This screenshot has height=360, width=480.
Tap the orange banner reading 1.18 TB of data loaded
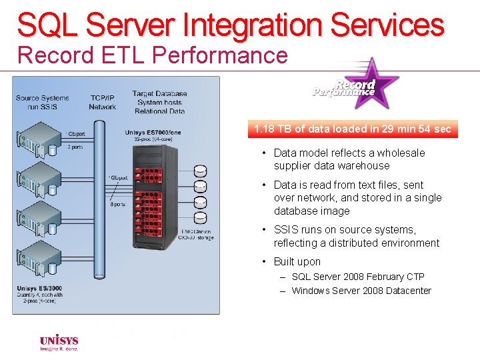(x=353, y=129)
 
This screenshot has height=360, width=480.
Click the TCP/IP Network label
(x=102, y=102)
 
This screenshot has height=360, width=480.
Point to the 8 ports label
(x=118, y=204)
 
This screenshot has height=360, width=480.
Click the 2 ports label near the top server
(x=75, y=147)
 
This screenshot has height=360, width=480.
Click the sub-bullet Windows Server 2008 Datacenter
(x=361, y=291)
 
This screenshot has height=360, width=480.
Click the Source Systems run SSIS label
(x=42, y=102)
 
